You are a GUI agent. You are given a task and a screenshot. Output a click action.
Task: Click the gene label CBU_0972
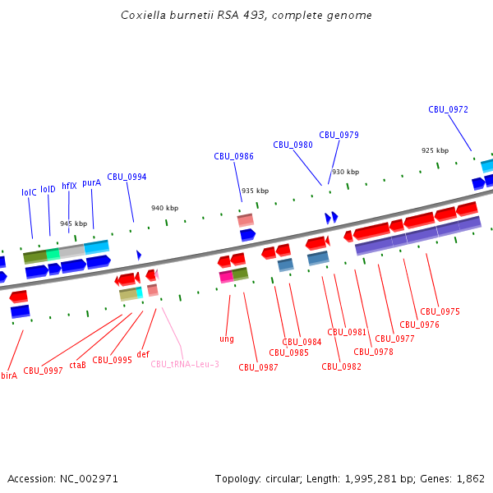[448, 109]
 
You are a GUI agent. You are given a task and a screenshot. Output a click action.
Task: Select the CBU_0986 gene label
[233, 156]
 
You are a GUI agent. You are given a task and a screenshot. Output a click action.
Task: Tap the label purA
[91, 182]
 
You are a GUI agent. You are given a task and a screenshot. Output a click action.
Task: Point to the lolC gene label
[29, 192]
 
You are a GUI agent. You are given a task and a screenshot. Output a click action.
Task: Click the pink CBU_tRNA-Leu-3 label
[185, 364]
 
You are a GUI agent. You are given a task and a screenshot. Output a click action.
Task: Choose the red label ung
[227, 339]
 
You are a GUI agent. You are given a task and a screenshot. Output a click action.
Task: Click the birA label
[9, 376]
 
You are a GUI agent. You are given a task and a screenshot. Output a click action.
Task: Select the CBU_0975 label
[440, 311]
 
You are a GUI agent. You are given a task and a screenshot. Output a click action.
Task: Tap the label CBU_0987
[258, 367]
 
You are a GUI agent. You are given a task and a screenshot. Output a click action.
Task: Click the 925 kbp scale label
[435, 150]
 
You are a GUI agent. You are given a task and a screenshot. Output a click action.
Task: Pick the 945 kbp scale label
[73, 223]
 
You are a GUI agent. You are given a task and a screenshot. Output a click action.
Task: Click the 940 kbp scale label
[164, 208]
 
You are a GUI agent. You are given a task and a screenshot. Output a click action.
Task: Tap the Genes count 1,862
[471, 478]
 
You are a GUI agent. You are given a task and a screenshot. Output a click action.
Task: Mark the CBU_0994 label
[127, 177]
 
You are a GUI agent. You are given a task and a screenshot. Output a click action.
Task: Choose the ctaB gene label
[77, 365]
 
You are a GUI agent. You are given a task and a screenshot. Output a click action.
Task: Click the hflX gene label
[69, 186]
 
